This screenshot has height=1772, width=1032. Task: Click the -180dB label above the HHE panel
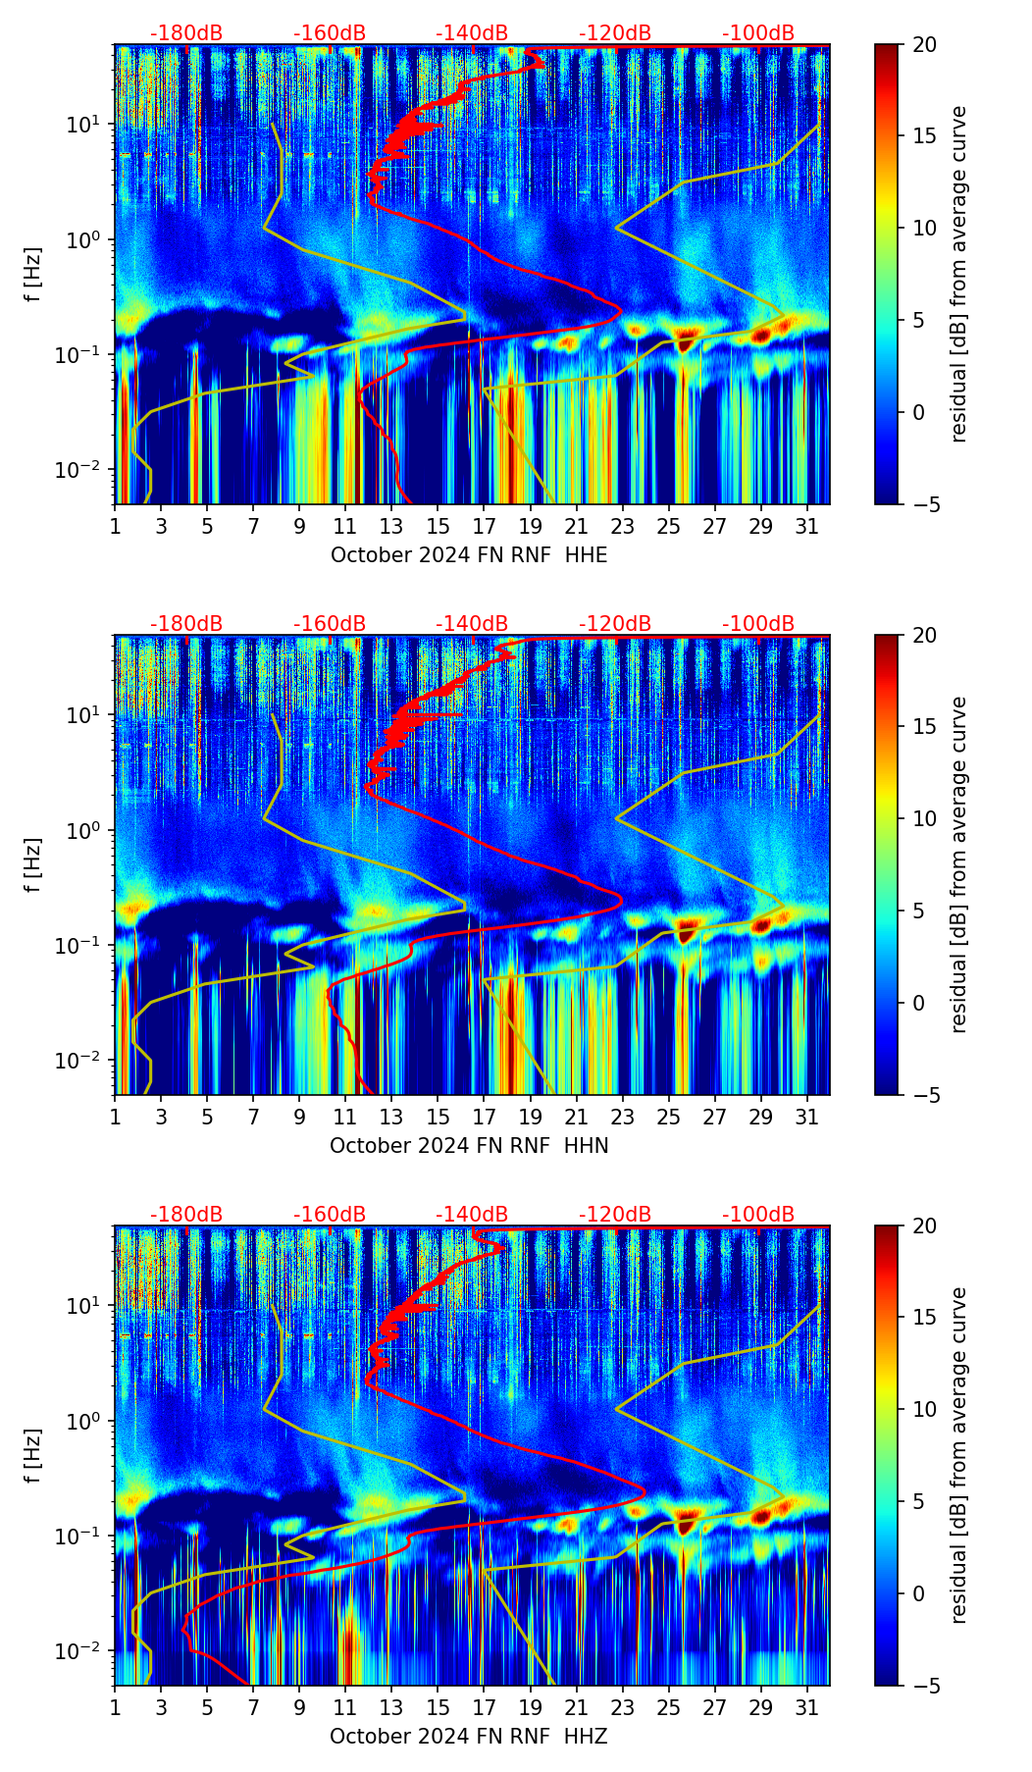186,33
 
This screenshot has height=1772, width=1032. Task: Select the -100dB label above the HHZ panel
758,1215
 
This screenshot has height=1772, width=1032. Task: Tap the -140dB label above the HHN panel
472,624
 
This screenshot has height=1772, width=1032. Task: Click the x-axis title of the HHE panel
469,555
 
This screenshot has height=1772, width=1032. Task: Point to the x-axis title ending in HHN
469,1146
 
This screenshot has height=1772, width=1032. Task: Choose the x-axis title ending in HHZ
469,1737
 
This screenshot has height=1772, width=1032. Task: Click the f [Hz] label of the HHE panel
33,275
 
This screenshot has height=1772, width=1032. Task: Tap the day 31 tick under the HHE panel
807,526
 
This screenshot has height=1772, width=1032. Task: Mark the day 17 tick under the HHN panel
485,1117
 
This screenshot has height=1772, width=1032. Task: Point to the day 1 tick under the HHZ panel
115,1707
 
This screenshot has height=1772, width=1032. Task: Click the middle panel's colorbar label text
959,864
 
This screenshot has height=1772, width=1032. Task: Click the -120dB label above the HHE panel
615,33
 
